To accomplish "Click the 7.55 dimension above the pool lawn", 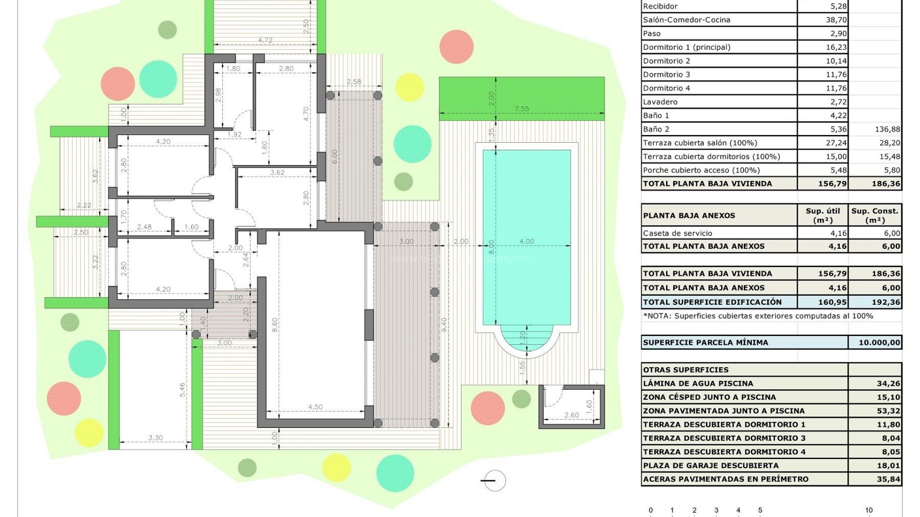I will [x=521, y=109].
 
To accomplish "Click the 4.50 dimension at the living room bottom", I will [x=315, y=407].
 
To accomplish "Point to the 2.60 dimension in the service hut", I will [x=571, y=415].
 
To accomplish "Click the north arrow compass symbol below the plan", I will [x=494, y=480].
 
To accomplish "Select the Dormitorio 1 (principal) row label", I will [x=687, y=47].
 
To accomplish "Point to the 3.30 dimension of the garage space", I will [x=155, y=438].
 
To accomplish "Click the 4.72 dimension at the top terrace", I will [x=265, y=40].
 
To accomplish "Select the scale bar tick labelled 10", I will [x=868, y=510].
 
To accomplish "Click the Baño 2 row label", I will [x=656, y=129].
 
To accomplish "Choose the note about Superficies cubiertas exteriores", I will [x=758, y=316].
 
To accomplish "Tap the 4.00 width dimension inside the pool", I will [x=526, y=241].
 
